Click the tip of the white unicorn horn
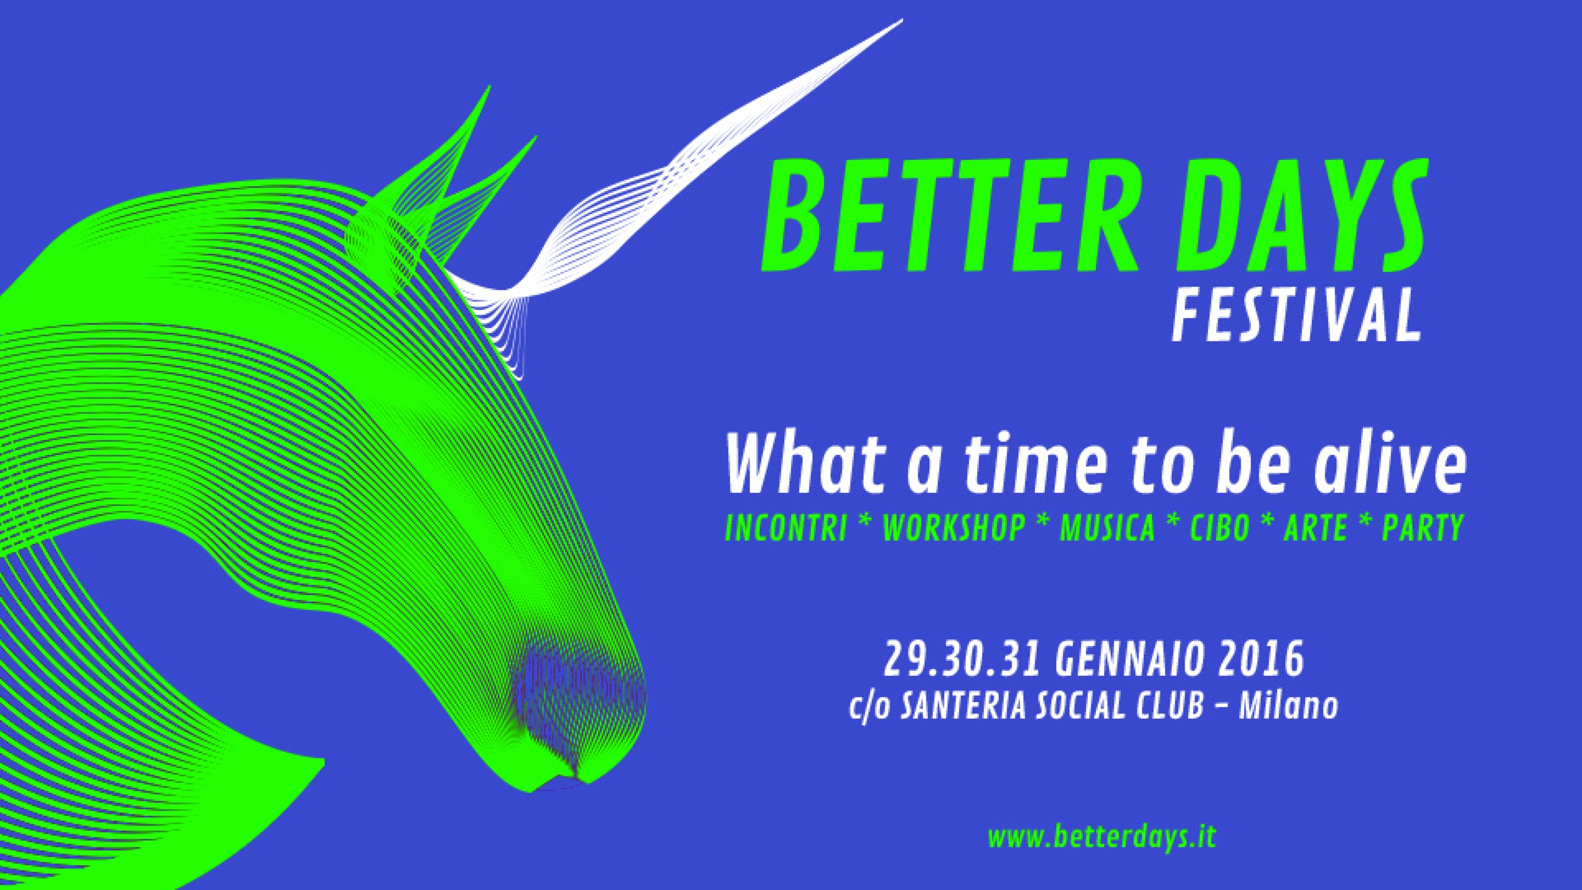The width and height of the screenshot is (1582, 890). (x=902, y=19)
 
